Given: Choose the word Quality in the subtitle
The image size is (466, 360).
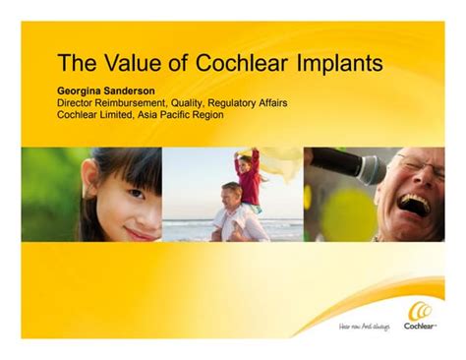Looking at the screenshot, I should click(208, 101).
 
